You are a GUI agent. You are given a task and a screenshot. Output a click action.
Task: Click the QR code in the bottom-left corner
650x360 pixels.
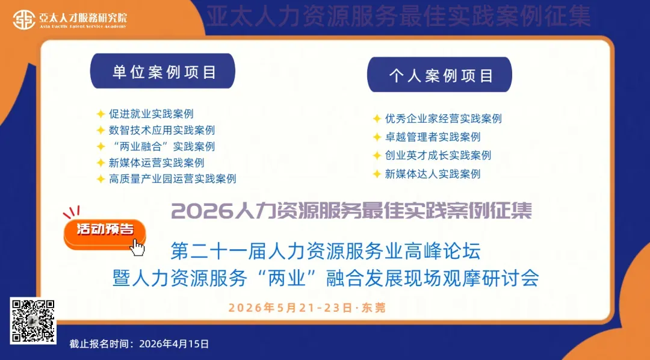(34, 321)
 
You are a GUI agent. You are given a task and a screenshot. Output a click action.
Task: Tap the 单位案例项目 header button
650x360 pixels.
(163, 72)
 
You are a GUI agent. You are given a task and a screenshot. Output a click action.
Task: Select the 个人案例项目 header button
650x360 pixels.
(440, 75)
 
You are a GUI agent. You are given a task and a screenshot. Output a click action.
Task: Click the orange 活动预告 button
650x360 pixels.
(104, 229)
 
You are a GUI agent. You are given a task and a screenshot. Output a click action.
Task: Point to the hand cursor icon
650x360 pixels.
(138, 247)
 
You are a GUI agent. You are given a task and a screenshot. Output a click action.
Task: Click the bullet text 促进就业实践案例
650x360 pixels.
(151, 114)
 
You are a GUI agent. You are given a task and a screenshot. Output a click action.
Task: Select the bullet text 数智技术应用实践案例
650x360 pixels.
(161, 130)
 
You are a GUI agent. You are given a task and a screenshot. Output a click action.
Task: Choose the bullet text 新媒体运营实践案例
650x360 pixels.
(156, 163)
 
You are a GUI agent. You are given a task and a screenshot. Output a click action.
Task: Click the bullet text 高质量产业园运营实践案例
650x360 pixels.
(172, 179)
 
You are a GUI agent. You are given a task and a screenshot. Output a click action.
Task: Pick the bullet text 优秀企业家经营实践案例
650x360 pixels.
(443, 119)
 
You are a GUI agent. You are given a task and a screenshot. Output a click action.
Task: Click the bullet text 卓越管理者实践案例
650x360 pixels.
(433, 137)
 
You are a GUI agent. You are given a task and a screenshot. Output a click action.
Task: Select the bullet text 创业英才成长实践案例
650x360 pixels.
(438, 155)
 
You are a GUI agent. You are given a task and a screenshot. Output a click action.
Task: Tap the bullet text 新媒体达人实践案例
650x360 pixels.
(433, 174)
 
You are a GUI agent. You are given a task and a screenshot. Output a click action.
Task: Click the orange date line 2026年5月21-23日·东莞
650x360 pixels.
(307, 308)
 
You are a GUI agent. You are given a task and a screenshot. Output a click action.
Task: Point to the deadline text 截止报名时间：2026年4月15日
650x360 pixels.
(140, 344)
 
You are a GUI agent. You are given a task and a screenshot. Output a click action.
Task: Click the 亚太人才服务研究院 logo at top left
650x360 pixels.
(70, 20)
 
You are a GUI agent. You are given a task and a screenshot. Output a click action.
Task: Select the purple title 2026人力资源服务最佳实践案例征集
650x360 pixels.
(351, 211)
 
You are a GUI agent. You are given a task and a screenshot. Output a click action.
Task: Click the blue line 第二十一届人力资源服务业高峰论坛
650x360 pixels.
(326, 249)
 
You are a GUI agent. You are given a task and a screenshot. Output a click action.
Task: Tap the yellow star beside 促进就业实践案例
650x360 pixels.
(101, 114)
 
